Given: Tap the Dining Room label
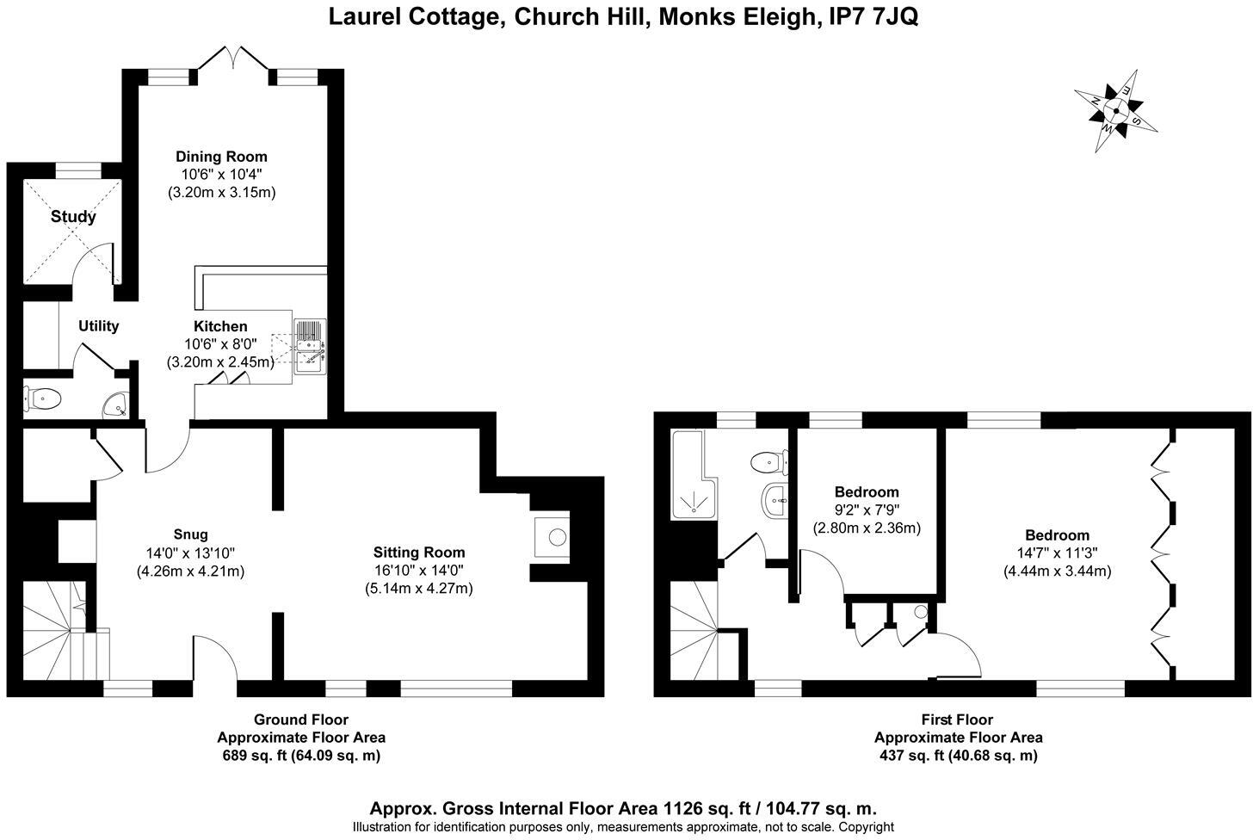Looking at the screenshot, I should [x=221, y=157].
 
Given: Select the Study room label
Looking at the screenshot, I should [x=73, y=216].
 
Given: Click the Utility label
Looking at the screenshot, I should [x=98, y=326].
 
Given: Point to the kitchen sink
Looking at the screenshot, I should [x=310, y=347].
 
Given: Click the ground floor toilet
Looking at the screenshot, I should [x=43, y=398].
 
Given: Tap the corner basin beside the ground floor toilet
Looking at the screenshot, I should [x=114, y=403].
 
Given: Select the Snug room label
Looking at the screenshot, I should [x=189, y=534].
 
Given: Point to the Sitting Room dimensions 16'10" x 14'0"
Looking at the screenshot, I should [x=419, y=571].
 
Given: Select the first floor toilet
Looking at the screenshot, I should [x=768, y=463].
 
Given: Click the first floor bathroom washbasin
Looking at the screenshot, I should [x=775, y=498].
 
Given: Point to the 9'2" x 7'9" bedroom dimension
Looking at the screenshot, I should [x=867, y=510].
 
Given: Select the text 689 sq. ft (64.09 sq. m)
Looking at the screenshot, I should [x=301, y=756].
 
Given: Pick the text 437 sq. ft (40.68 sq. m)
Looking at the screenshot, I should [x=958, y=756].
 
